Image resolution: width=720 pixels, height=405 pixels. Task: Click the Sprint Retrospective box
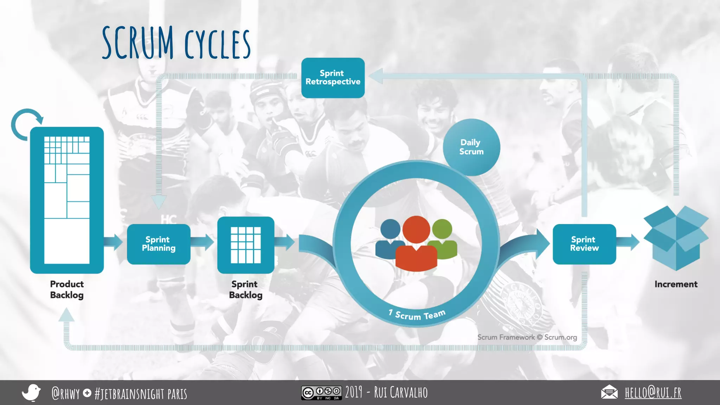[x=333, y=78]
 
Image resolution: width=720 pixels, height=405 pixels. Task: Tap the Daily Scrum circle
[x=471, y=147]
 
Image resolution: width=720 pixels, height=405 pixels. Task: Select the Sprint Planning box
[x=159, y=244]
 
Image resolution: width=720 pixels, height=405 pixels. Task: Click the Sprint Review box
[x=584, y=244]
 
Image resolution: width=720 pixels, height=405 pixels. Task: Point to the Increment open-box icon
[x=676, y=238]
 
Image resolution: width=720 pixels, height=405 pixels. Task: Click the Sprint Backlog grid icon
[x=246, y=245]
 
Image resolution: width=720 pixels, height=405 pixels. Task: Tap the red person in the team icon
[x=416, y=246]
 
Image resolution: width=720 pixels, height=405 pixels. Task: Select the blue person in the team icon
[x=390, y=239]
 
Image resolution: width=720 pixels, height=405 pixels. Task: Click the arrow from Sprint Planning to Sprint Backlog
[x=203, y=242]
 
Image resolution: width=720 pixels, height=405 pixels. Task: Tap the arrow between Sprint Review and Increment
[x=629, y=242]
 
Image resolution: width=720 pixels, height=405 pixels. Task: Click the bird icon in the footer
[x=31, y=392]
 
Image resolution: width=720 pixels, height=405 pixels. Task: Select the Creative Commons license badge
[x=321, y=393]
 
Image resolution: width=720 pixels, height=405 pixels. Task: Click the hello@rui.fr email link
[x=653, y=393]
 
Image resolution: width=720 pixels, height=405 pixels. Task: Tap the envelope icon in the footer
[x=609, y=392]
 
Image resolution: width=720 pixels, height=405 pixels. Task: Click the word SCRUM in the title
[x=138, y=43]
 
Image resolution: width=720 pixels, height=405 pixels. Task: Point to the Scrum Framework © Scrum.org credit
[x=527, y=337]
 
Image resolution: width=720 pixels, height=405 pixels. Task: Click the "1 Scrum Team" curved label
[x=417, y=315]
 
